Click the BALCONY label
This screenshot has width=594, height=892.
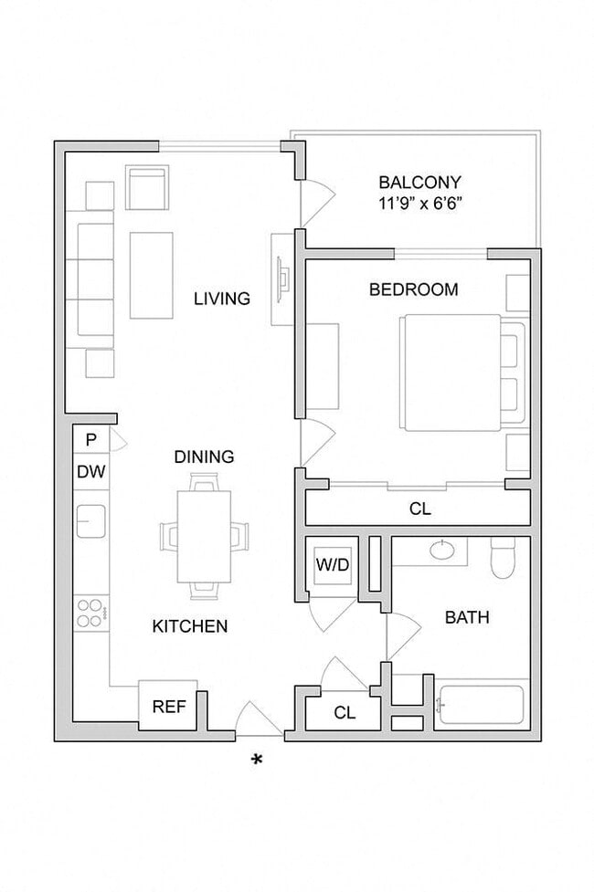(420, 182)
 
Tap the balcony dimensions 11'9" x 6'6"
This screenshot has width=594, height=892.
(420, 203)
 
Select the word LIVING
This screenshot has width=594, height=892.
(221, 299)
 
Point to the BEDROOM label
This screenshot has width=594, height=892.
(413, 290)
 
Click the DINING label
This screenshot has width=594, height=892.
(205, 456)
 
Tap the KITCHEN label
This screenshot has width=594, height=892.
(189, 626)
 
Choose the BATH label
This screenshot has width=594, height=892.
(467, 618)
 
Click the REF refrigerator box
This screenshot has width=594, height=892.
(168, 706)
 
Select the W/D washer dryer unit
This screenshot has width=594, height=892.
(333, 564)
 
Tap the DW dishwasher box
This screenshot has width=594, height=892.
(90, 472)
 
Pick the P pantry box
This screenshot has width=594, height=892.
(90, 440)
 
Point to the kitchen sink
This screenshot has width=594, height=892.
(91, 521)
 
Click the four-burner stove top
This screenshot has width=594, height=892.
(90, 612)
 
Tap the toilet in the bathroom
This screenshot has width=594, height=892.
(504, 558)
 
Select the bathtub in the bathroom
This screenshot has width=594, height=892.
(480, 705)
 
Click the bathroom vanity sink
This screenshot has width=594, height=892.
(443, 550)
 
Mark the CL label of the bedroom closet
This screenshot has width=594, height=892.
(420, 509)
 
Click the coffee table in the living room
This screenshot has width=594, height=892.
(152, 275)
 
